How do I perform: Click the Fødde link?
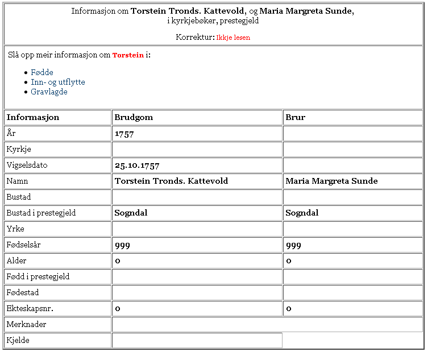coord(42,72)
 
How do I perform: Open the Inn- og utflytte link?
coord(58,82)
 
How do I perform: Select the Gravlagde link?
coord(49,92)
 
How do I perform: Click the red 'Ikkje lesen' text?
coord(233,38)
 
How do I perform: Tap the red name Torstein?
coord(128,56)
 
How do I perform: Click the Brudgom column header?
coord(134,117)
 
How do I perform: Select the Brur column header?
coord(296,117)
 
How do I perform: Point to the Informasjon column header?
coord(32,117)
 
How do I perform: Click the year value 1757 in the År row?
coord(123,134)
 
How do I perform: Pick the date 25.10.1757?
coord(136,166)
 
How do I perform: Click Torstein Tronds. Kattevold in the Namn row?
coord(171,181)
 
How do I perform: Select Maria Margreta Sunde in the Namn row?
coord(331,181)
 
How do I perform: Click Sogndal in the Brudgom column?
coord(131,213)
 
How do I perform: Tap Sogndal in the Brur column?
coord(302,213)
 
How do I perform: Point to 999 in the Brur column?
coord(293,245)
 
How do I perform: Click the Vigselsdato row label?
coord(27,165)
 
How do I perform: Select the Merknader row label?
coord(26,324)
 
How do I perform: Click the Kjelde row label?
coord(18,340)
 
